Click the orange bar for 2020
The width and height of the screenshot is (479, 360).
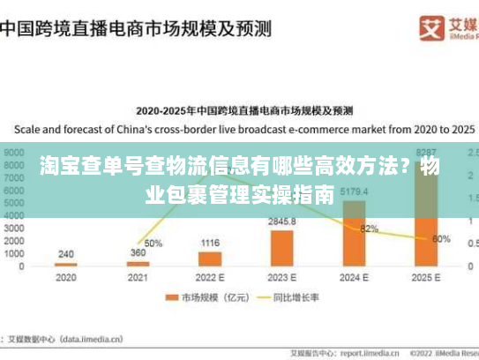(x=66, y=264)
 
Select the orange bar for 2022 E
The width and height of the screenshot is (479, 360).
(x=210, y=259)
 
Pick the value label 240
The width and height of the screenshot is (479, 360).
(x=66, y=254)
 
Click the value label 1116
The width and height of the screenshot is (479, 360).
(x=210, y=243)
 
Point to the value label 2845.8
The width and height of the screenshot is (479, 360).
(x=282, y=221)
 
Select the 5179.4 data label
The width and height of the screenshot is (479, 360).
(x=354, y=191)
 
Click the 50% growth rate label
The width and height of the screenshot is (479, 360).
(x=153, y=244)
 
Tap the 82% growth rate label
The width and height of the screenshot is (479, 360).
(x=369, y=229)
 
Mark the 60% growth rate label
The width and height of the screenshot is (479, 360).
(x=441, y=239)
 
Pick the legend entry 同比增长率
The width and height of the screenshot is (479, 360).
(x=296, y=298)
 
